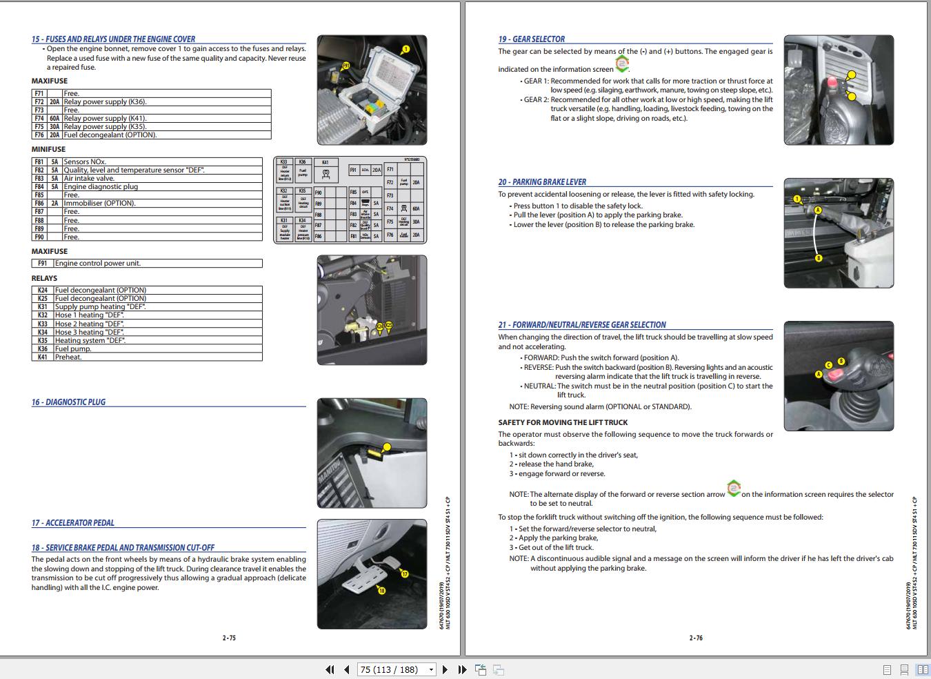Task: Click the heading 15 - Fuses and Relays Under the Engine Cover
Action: pyautogui.click(x=113, y=39)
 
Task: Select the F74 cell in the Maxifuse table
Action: pyautogui.click(x=39, y=119)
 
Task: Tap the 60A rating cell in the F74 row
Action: pyautogui.click(x=54, y=119)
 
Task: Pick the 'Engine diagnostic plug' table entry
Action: pyautogui.click(x=101, y=187)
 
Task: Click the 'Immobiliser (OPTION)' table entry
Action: pyautogui.click(x=99, y=204)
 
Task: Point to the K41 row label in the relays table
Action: pyautogui.click(x=43, y=357)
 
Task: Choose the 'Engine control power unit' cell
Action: pyautogui.click(x=98, y=264)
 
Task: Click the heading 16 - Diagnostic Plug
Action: pyautogui.click(x=68, y=402)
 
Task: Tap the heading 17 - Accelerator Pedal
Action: pyautogui.click(x=72, y=523)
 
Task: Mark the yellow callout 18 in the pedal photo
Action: pyautogui.click(x=381, y=591)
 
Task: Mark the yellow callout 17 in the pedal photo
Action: pyautogui.click(x=405, y=574)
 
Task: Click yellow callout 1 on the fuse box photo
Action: pyautogui.click(x=406, y=49)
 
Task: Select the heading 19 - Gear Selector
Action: pyautogui.click(x=531, y=39)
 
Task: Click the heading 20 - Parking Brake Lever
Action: pyautogui.click(x=542, y=182)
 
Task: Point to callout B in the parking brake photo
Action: pyautogui.click(x=819, y=258)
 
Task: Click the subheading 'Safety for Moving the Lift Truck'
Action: pyautogui.click(x=563, y=422)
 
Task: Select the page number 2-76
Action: pyautogui.click(x=696, y=638)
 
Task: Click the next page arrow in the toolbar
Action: pyautogui.click(x=445, y=669)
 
